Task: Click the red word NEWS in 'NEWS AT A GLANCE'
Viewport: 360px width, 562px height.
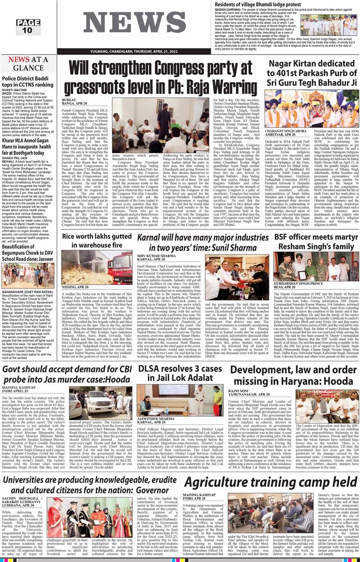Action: tap(19, 60)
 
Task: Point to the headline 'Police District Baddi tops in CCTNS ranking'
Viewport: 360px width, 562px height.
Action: tap(28, 81)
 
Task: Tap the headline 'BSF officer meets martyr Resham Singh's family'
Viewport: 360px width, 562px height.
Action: tap(314, 240)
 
